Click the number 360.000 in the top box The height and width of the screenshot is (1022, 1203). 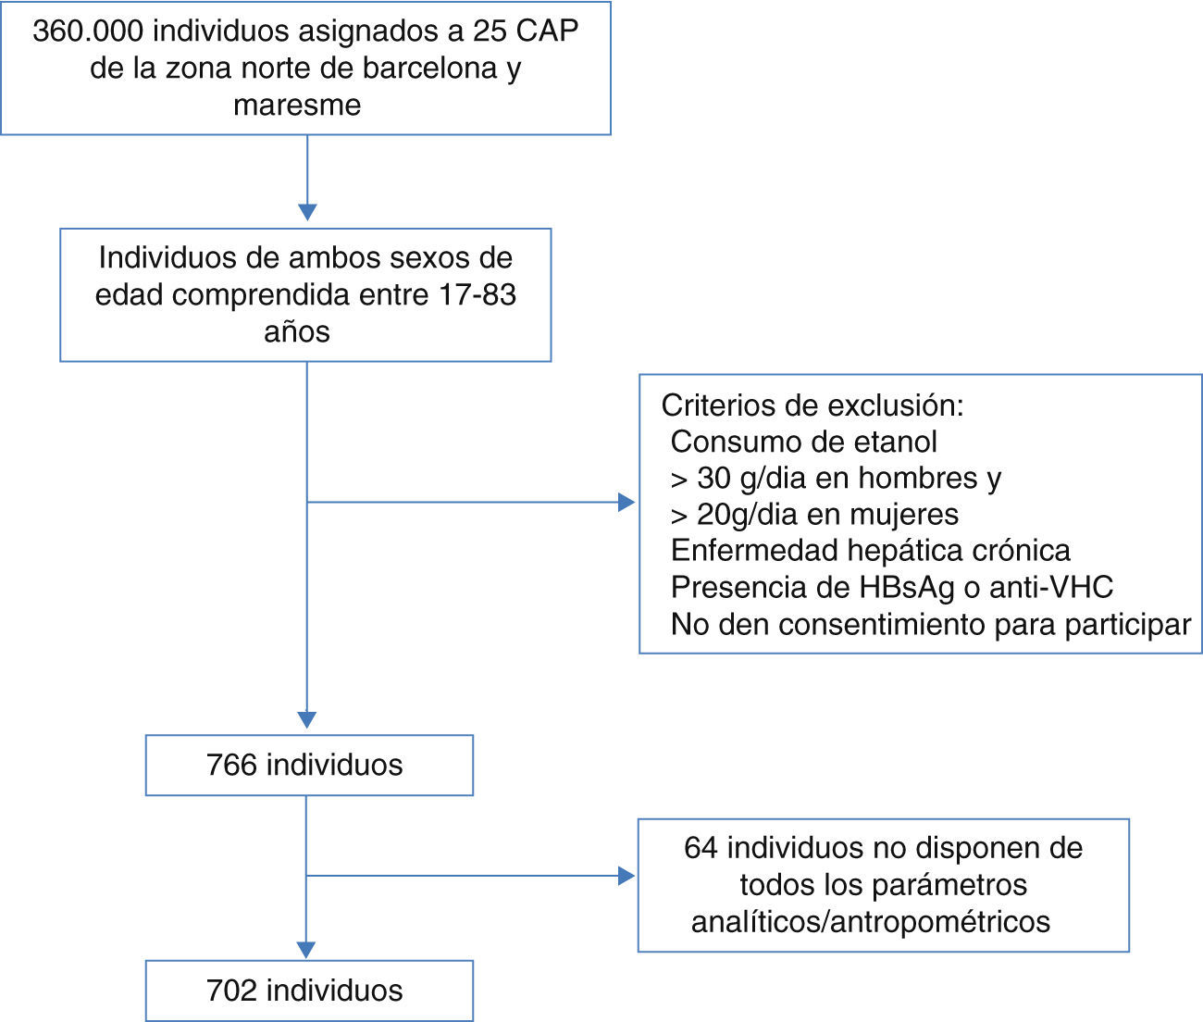[88, 31]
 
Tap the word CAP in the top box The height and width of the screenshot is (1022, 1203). [547, 31]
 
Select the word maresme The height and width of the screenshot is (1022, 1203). [297, 106]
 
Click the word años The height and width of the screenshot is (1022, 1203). [297, 332]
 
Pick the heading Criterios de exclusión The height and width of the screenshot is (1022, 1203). [812, 405]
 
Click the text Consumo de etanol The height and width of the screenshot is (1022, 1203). [803, 442]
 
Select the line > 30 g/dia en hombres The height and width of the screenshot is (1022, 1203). [836, 479]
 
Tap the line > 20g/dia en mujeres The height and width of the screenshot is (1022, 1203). [814, 515]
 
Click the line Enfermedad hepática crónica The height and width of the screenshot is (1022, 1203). [870, 551]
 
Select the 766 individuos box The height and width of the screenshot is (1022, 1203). [309, 766]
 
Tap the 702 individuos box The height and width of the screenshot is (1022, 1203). [309, 991]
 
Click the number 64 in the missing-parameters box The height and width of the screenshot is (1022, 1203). [701, 848]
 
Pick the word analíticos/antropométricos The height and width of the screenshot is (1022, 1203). [871, 922]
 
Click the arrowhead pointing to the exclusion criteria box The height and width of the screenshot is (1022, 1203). [626, 503]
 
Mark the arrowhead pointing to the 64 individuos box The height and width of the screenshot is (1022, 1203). [626, 876]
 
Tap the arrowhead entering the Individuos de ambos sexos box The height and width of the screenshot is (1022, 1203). [307, 212]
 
